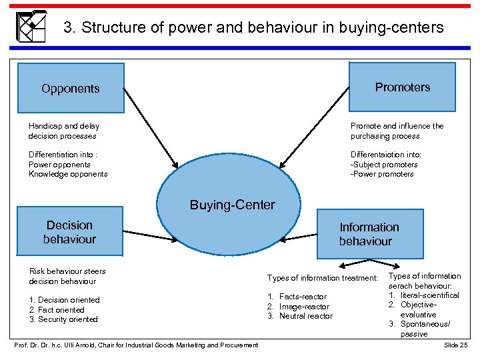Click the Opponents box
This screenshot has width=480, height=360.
[70, 88]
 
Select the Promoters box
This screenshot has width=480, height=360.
[402, 87]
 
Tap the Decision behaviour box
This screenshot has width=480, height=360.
[70, 232]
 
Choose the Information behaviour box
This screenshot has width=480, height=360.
[369, 234]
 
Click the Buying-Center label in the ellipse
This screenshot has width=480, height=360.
[232, 205]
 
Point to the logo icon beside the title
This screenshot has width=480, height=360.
[31, 26]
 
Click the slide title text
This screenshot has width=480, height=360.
[253, 27]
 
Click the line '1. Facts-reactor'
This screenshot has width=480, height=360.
[297, 297]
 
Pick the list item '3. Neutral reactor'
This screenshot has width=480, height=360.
[300, 316]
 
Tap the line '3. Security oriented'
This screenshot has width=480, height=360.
[63, 319]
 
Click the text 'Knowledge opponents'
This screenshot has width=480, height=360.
[68, 174]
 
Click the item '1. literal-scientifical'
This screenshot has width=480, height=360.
[424, 295]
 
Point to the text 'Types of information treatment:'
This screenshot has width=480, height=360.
[323, 278]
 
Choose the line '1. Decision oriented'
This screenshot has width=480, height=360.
[64, 300]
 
